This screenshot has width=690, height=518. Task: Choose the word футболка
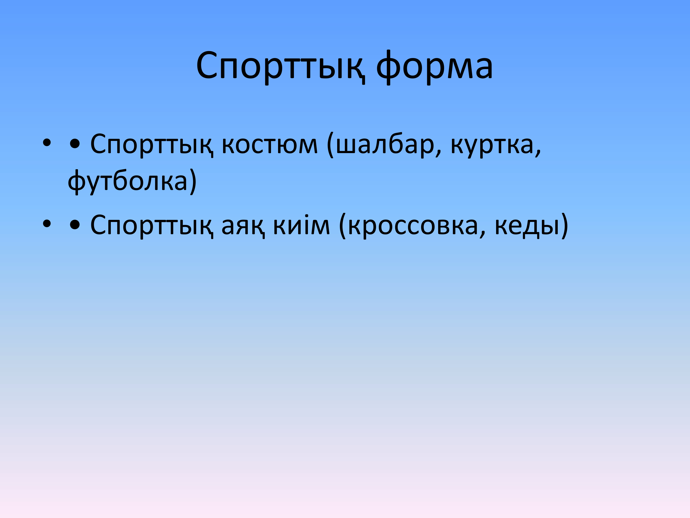click(128, 181)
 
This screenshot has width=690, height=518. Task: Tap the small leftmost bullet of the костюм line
click(47, 143)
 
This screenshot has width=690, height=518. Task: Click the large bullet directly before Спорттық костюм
click(75, 144)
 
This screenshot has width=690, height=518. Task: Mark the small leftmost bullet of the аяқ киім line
click(47, 224)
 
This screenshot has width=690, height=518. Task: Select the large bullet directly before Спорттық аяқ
click(75, 225)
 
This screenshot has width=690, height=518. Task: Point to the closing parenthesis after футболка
click(193, 181)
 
